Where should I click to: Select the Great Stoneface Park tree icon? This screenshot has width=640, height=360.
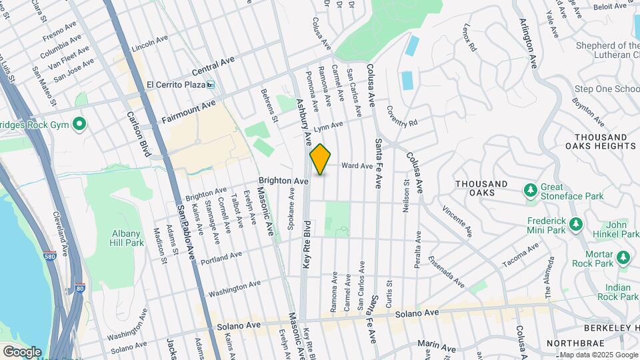click(x=531, y=191)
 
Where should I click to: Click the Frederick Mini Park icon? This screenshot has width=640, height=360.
click(x=576, y=223)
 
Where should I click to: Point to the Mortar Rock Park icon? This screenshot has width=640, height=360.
click(x=623, y=257)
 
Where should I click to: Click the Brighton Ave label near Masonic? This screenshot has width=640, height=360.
click(x=283, y=181)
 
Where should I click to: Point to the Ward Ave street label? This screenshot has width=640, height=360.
click(x=357, y=166)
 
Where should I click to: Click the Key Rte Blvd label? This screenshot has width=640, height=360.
click(x=307, y=244)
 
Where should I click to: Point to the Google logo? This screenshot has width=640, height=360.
click(x=22, y=351)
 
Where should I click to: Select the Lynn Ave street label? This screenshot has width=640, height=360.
click(x=327, y=125)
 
